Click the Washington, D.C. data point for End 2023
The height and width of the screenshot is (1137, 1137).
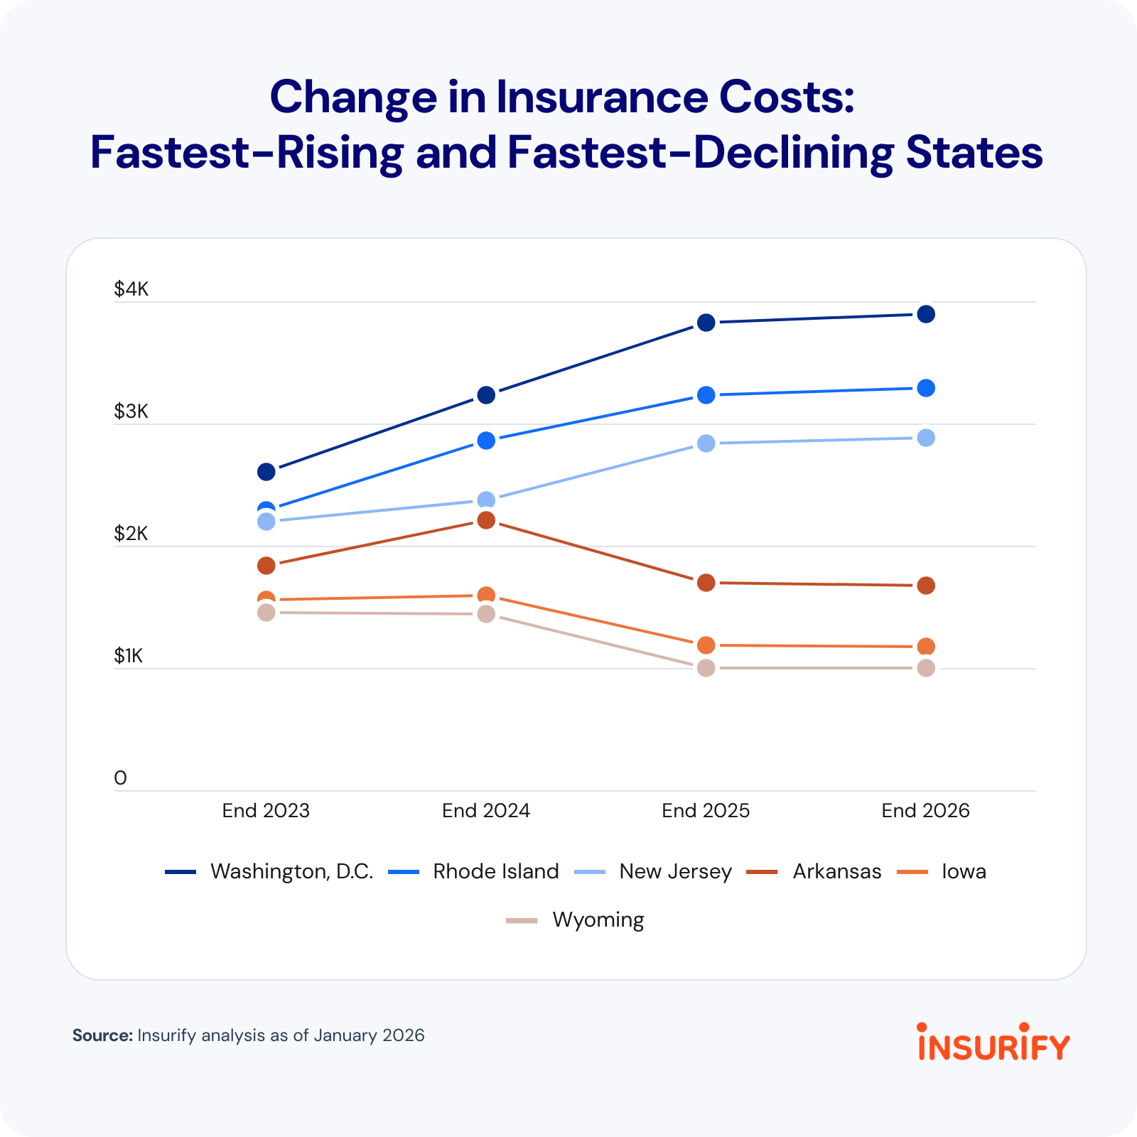[x=266, y=471]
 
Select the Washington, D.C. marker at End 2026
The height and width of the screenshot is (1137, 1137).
[x=925, y=314]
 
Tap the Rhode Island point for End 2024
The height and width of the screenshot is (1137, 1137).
[x=486, y=441]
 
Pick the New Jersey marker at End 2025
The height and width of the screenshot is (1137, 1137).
[x=706, y=443]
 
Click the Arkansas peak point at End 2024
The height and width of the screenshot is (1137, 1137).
[x=486, y=520]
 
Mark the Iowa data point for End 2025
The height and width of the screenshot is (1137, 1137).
[x=706, y=645]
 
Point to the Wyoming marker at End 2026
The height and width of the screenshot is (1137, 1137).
[x=925, y=668]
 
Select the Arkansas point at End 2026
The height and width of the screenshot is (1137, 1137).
[x=925, y=586]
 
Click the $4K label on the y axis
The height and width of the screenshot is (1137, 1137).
[x=131, y=289]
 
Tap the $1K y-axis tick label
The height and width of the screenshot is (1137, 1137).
[x=129, y=656]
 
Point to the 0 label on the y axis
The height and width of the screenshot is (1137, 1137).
[x=120, y=778]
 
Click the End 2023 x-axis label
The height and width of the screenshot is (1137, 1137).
[x=266, y=811]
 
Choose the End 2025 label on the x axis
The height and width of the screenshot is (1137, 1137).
[x=706, y=811]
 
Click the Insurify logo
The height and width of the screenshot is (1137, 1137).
[x=993, y=1043]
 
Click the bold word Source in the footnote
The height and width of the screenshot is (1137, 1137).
[x=102, y=1035]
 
